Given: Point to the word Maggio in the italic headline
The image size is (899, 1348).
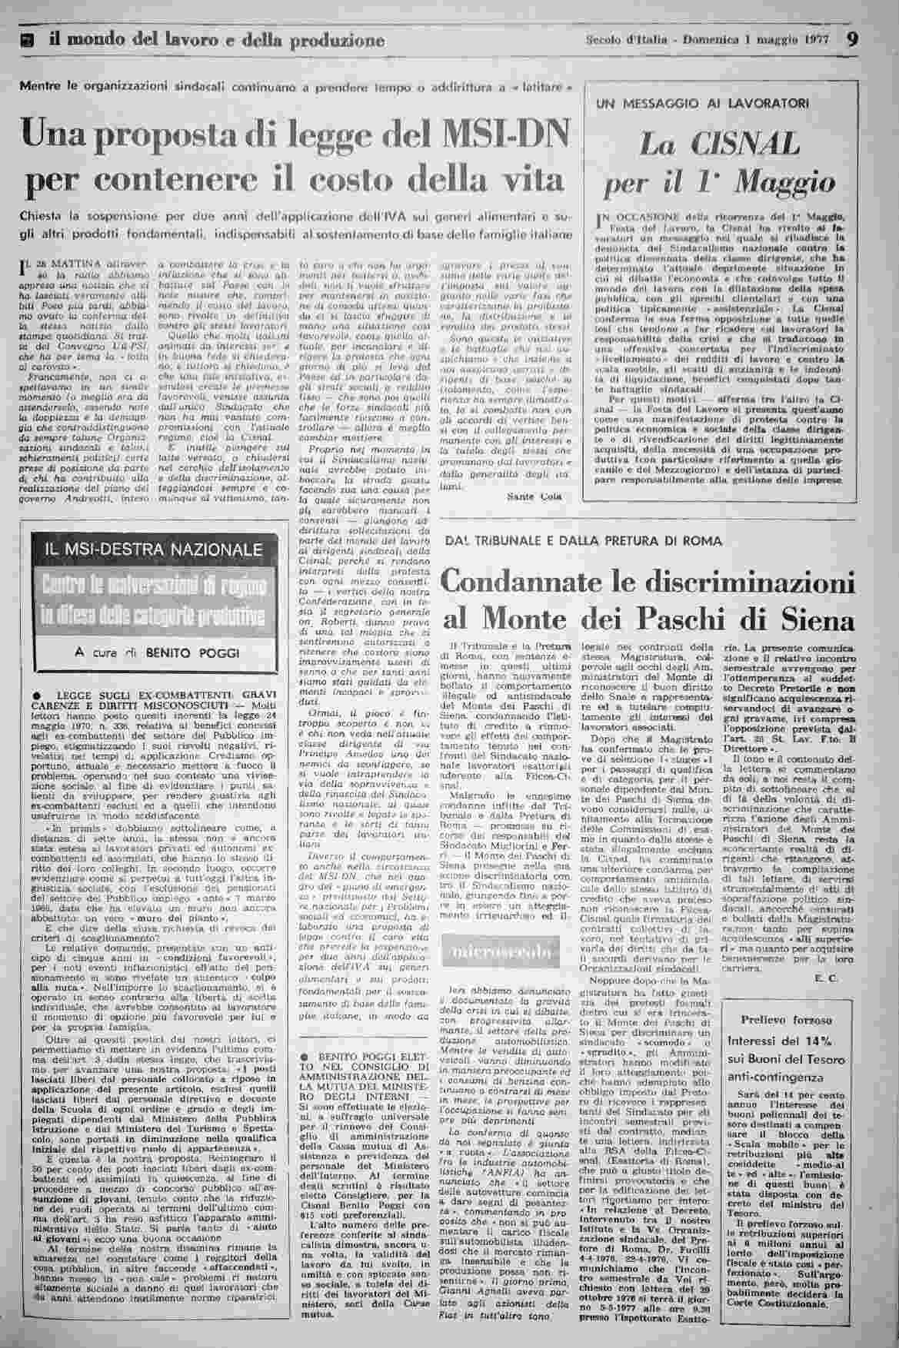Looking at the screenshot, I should pyautogui.click(x=785, y=183).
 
